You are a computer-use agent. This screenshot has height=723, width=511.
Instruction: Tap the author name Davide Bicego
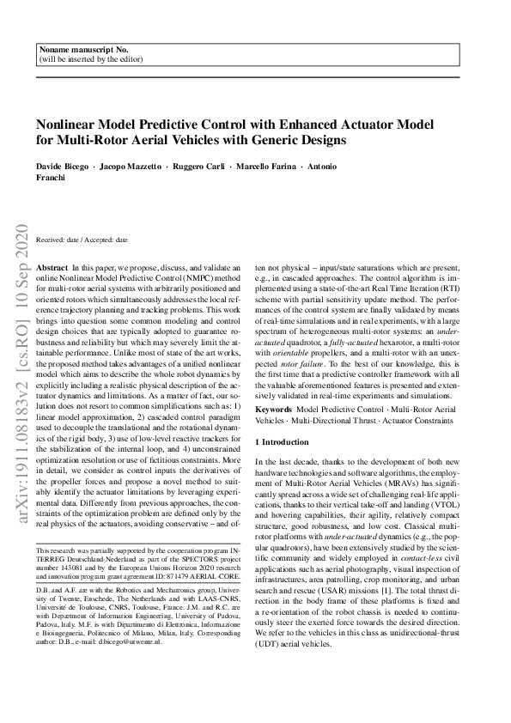pos(62,166)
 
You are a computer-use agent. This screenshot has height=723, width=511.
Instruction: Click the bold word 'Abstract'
pos(52,269)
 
